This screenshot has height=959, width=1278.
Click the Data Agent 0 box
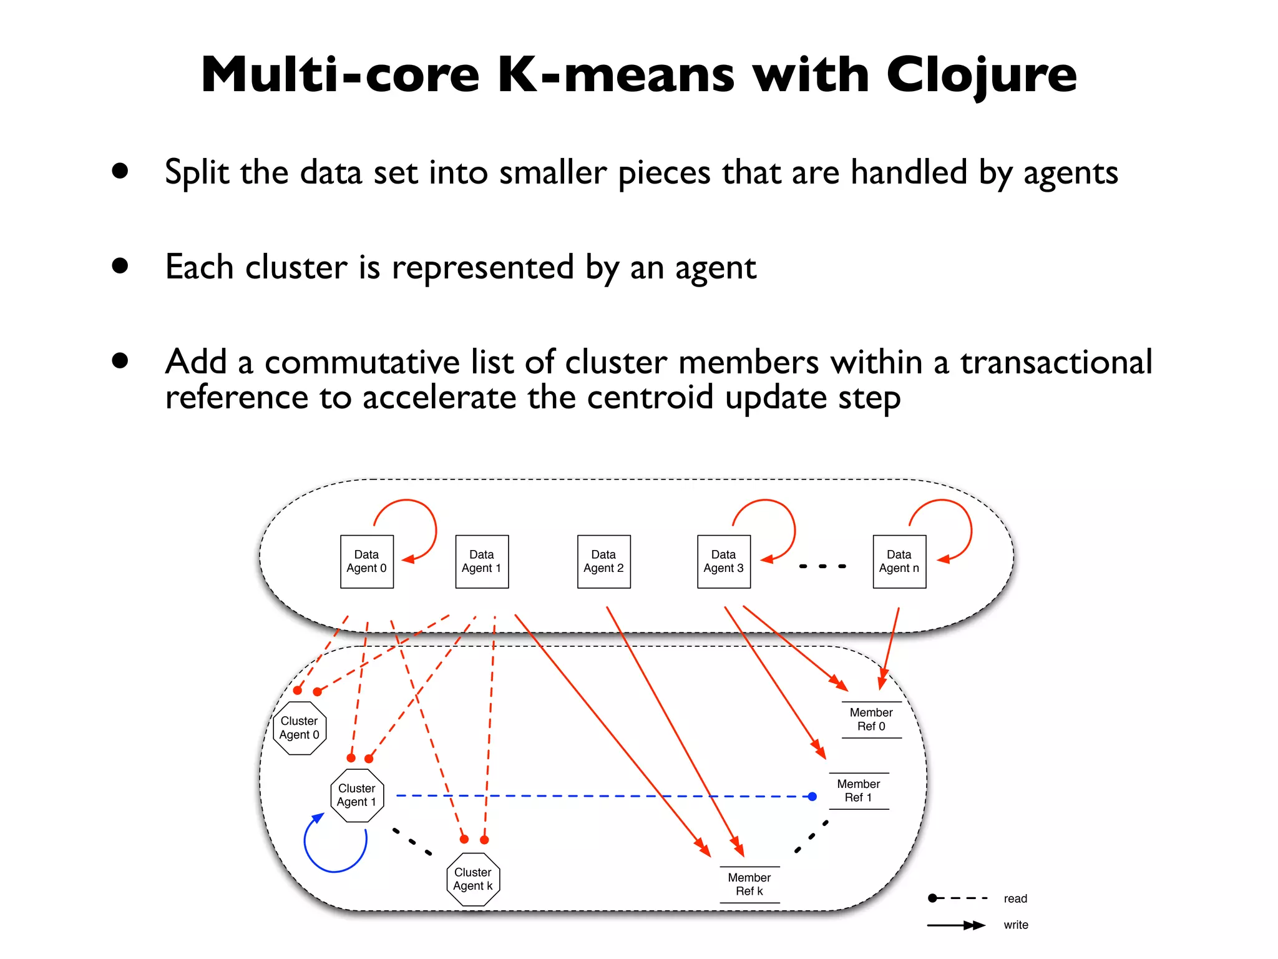pyautogui.click(x=367, y=561)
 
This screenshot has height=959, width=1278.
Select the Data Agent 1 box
pyautogui.click(x=482, y=561)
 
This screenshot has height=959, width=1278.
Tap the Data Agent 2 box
pyautogui.click(x=603, y=561)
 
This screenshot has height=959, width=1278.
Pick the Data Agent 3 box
pyautogui.click(x=724, y=561)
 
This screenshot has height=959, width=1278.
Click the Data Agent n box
pyautogui.click(x=899, y=561)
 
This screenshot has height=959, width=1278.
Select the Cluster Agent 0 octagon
pyautogui.click(x=300, y=728)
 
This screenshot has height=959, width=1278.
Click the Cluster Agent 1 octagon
pyautogui.click(x=357, y=795)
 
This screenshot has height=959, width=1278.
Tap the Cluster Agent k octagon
pyautogui.click(x=473, y=879)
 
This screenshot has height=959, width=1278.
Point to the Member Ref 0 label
pyautogui.click(x=871, y=719)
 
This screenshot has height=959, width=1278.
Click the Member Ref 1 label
pyautogui.click(x=859, y=790)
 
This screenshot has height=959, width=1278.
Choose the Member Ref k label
pyautogui.click(x=749, y=884)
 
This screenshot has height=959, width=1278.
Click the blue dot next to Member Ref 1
pyautogui.click(x=812, y=796)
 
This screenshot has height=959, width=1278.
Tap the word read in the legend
pyautogui.click(x=1015, y=898)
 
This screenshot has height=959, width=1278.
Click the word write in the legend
pyautogui.click(x=1016, y=925)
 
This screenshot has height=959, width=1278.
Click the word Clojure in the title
pyautogui.click(x=981, y=75)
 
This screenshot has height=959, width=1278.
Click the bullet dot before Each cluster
pyautogui.click(x=120, y=266)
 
